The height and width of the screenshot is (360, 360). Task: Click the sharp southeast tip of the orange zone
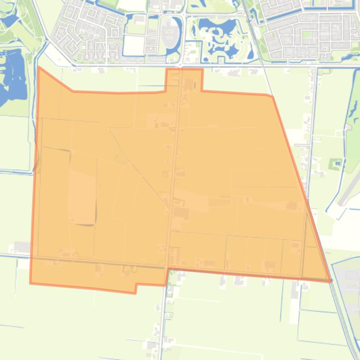[331, 281]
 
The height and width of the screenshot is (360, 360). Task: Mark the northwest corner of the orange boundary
[38, 68]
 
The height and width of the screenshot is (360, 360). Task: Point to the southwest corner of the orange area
[30, 283]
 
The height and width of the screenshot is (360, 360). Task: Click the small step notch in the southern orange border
[136, 288]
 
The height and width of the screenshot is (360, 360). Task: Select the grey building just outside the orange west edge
[22, 246]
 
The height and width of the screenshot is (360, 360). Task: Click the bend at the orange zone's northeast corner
[272, 96]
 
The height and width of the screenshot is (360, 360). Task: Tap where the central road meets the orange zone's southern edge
[168, 269]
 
